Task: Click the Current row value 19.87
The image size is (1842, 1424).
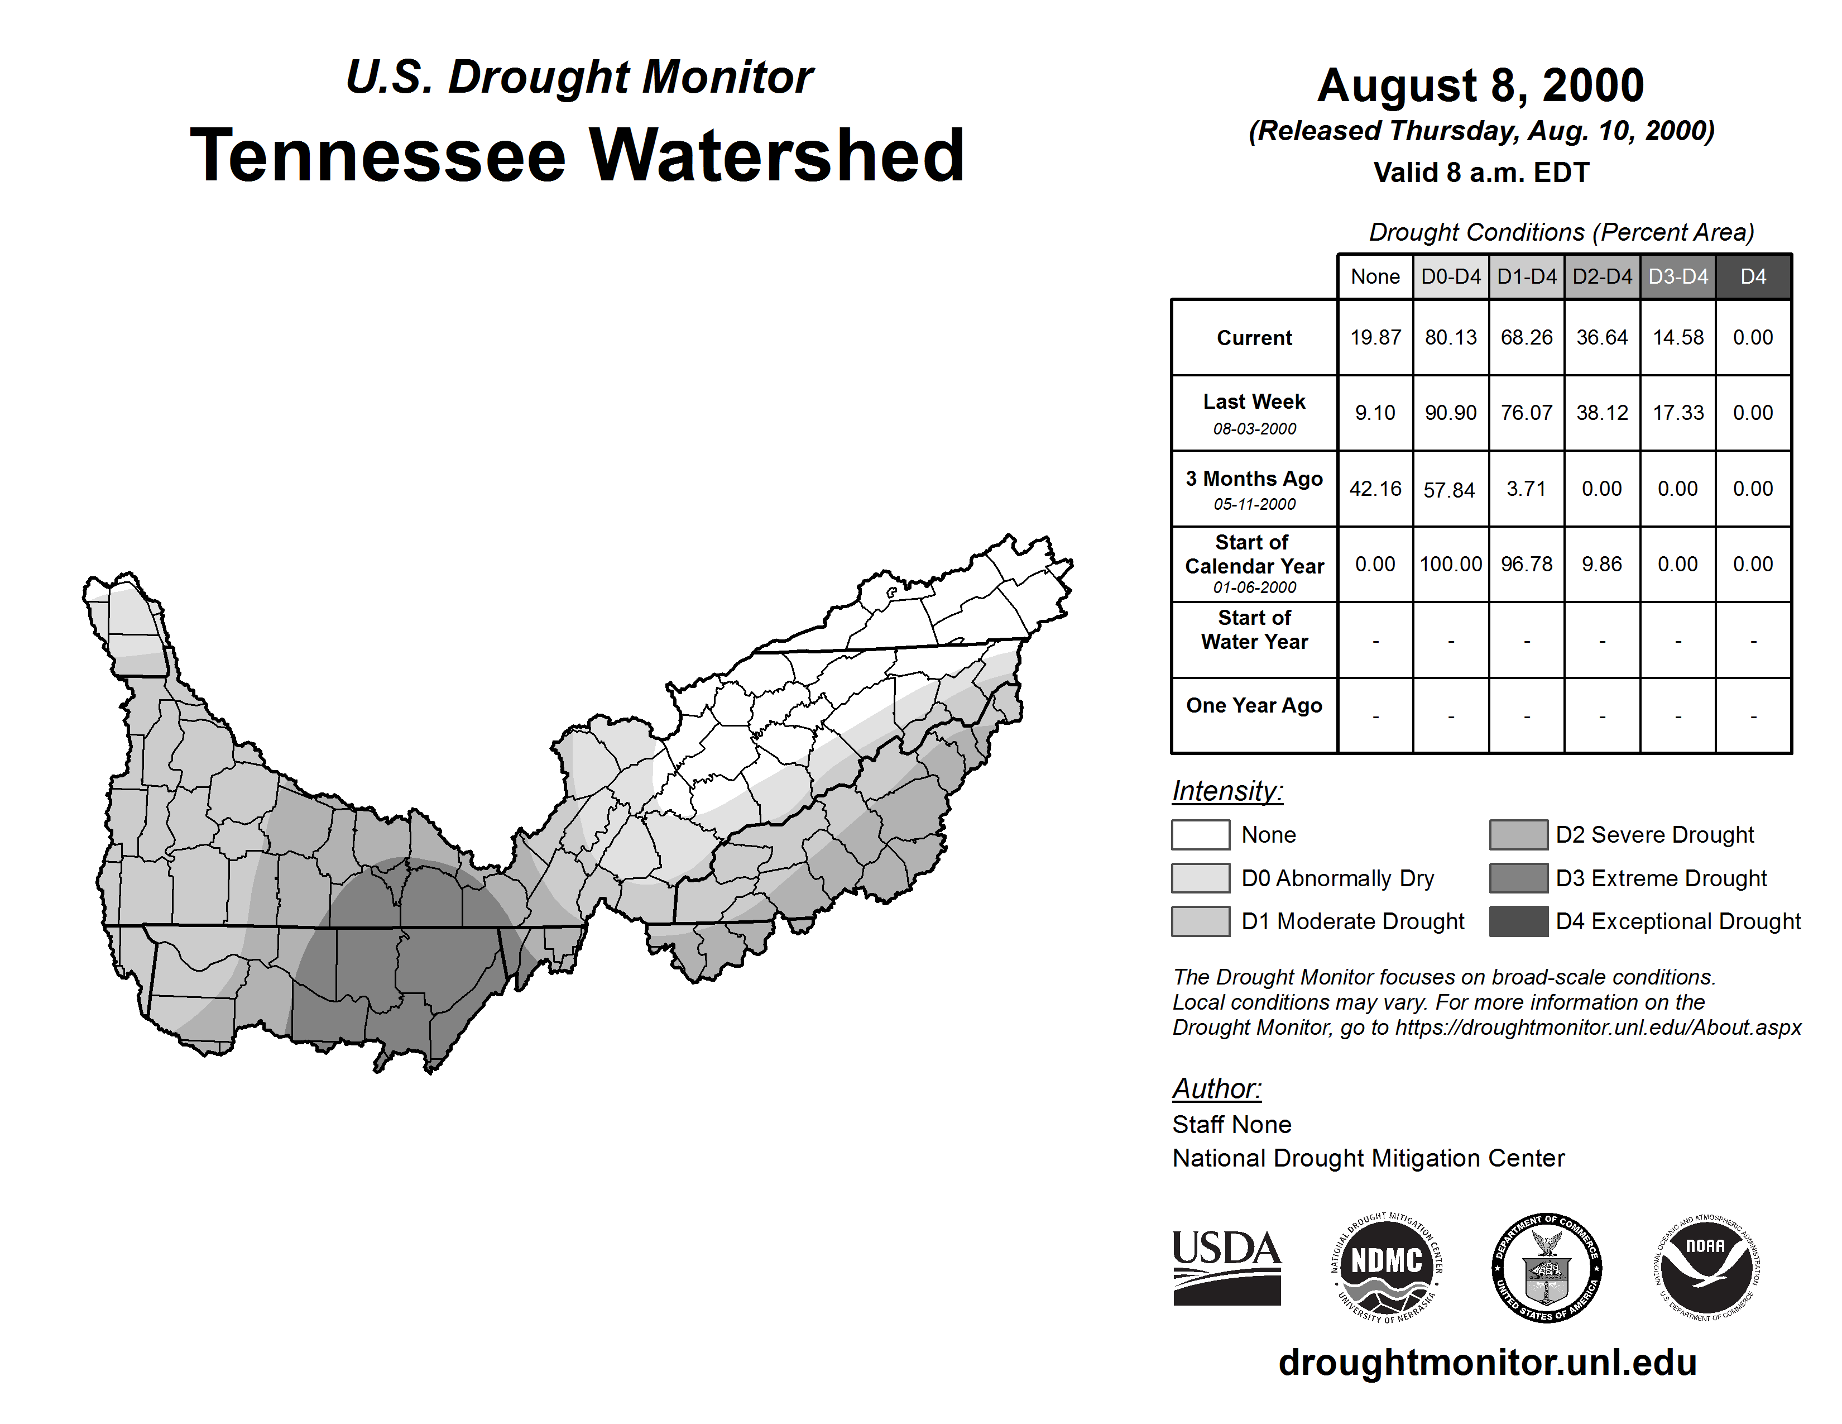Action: click(1375, 337)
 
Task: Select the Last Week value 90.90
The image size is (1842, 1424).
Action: click(1451, 413)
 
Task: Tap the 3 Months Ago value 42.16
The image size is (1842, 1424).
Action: click(1375, 489)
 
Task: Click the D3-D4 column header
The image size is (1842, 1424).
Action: click(1677, 276)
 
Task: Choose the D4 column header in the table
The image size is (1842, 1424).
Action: click(1753, 276)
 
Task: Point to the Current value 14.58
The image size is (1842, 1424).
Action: click(1677, 337)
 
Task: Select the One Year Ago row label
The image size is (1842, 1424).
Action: click(1254, 705)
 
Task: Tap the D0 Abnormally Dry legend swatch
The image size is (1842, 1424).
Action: click(1200, 877)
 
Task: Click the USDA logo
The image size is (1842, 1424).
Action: click(1226, 1267)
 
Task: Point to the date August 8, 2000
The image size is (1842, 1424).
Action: click(1481, 85)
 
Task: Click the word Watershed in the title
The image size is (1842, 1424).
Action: click(776, 156)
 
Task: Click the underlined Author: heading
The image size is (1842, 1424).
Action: click(1216, 1088)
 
